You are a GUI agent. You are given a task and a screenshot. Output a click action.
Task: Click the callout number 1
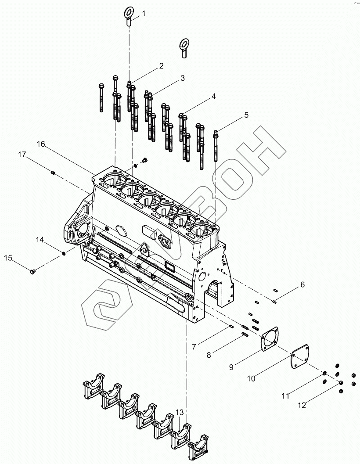tap(144, 14)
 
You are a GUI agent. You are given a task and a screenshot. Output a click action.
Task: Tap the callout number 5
tap(246, 115)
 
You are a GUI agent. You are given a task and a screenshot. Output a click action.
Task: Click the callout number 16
tap(41, 144)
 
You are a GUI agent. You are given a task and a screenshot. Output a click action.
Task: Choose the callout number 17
tap(22, 155)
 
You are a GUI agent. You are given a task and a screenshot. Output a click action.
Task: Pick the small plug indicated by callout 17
tap(53, 173)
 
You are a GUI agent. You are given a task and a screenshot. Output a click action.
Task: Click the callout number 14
tap(40, 240)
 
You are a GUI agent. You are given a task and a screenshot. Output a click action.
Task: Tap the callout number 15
tap(8, 258)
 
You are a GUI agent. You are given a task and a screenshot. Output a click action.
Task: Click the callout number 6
tap(302, 285)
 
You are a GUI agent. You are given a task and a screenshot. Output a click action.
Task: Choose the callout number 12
tap(302, 406)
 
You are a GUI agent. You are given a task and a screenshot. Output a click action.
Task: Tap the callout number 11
tap(286, 396)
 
